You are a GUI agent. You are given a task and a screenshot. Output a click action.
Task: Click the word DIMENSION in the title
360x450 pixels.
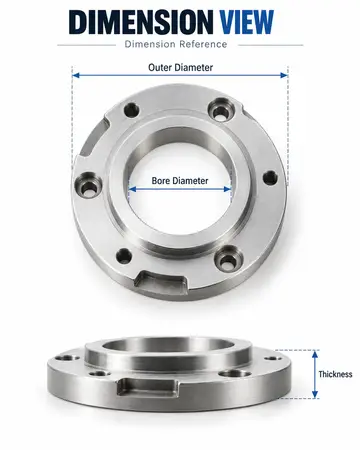pos(141,22)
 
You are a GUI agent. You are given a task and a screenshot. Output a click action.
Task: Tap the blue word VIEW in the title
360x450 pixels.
pos(247,22)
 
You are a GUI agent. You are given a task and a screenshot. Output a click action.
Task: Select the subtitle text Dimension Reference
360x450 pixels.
pos(176,44)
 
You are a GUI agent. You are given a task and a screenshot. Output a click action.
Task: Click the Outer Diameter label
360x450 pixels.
pos(180,67)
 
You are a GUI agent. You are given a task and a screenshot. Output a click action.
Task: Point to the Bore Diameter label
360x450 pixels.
pos(180,181)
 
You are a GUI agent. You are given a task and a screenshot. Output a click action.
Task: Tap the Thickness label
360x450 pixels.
pos(335,374)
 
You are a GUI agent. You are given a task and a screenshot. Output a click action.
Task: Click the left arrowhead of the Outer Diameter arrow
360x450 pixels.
pos(76,75)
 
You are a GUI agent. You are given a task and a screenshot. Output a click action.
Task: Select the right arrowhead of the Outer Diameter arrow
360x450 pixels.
pos(284,75)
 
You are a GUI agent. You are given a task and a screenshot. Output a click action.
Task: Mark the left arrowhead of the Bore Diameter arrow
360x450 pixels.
pos(132,189)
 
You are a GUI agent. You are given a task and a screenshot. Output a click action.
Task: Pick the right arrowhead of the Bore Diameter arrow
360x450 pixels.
pos(228,189)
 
